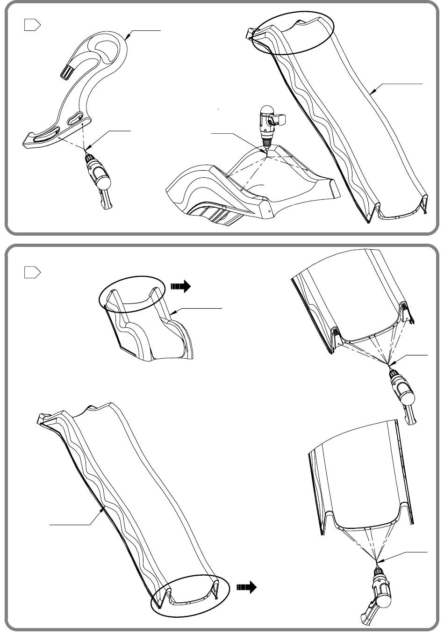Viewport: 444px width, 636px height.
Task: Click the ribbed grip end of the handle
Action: [67, 72]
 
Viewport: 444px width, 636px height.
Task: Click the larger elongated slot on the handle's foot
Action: [46, 138]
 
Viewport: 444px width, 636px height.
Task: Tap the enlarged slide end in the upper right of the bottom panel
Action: [355, 299]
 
